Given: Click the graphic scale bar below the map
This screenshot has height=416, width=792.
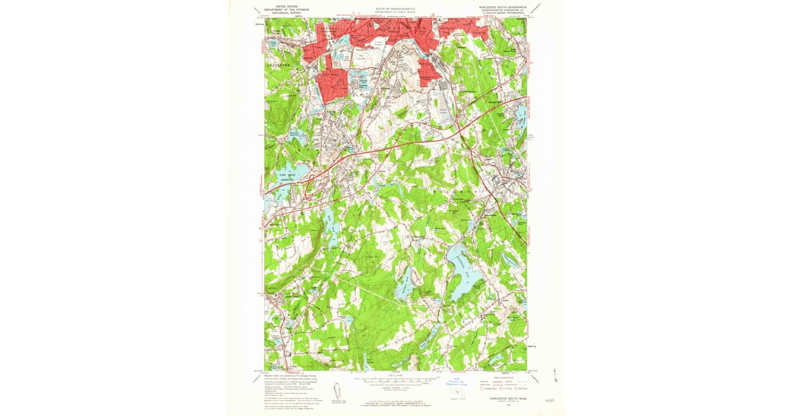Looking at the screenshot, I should click(396, 380).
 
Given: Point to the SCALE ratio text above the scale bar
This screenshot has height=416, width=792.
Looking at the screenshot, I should click(396, 375).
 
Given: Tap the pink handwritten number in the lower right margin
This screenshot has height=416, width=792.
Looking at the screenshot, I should click(548, 399).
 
